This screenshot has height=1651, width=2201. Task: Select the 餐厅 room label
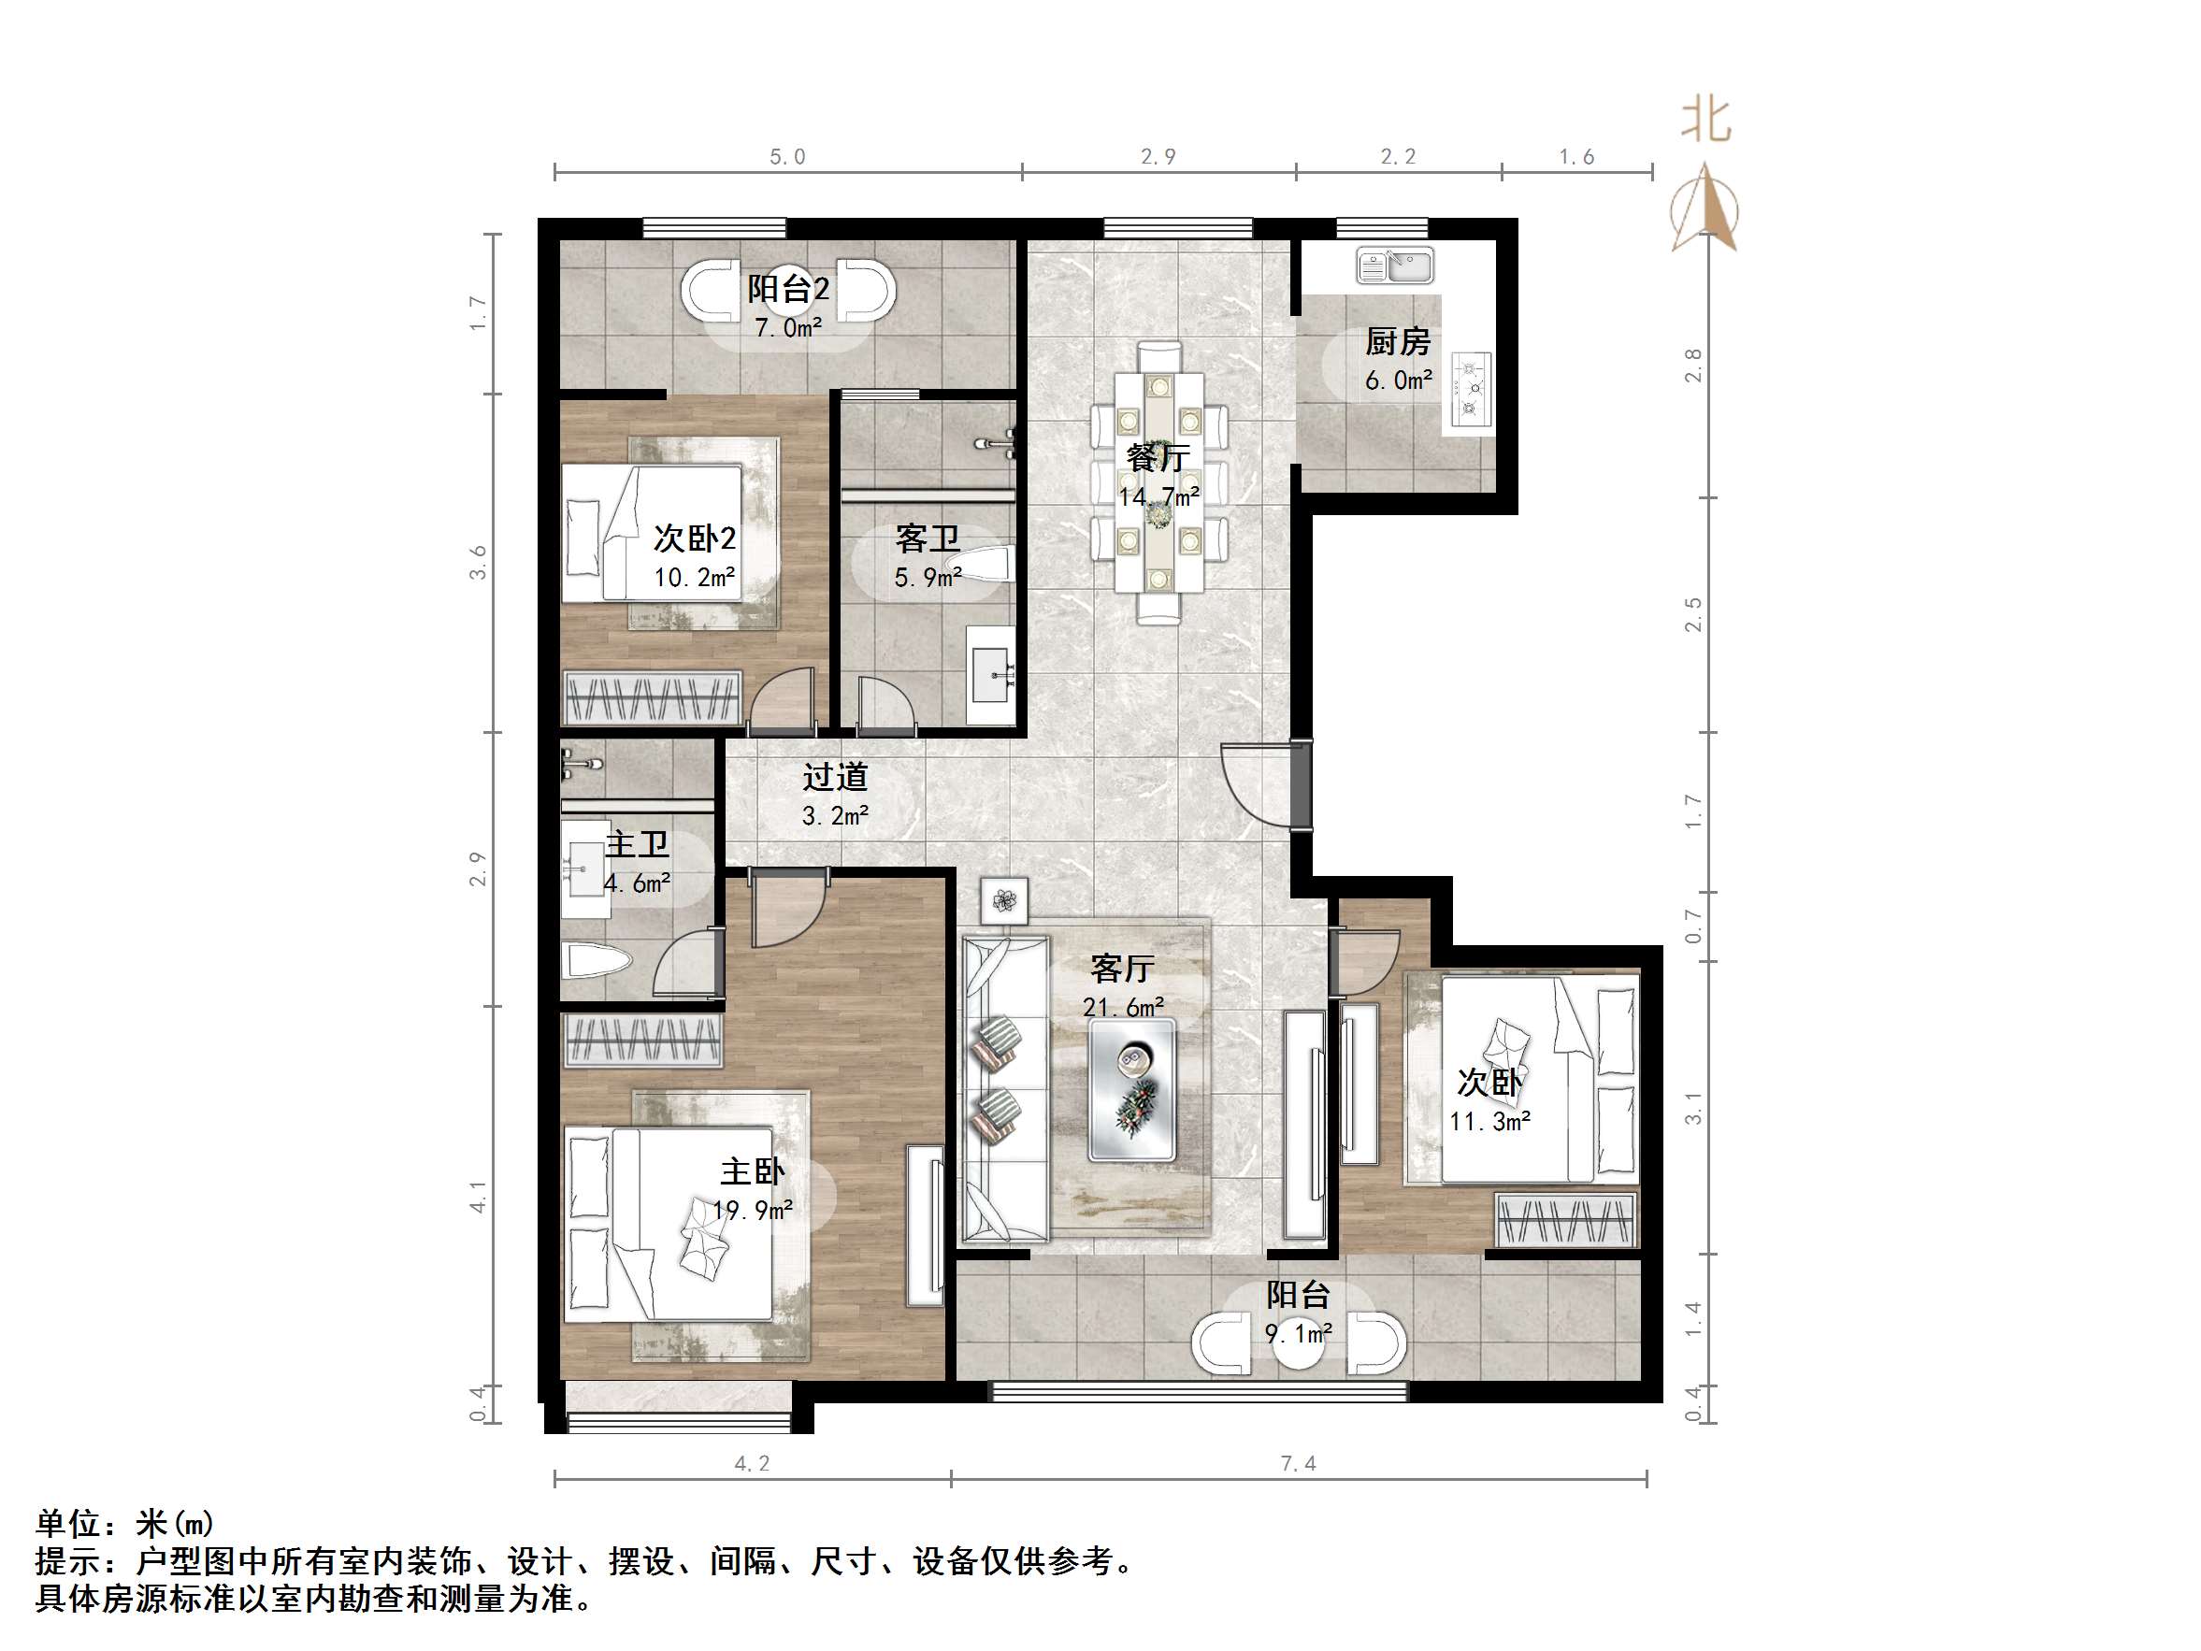(1158, 458)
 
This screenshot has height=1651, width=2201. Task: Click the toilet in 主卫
(597, 961)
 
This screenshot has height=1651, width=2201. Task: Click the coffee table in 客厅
(1131, 1089)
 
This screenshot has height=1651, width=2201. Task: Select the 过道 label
(835, 776)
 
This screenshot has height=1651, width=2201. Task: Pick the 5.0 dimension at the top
(787, 157)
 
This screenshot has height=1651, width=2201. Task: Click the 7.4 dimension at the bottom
(1298, 1463)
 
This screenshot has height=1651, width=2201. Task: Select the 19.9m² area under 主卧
(753, 1210)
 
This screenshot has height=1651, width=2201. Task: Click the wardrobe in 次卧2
(653, 697)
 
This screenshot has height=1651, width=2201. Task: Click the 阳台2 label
(788, 289)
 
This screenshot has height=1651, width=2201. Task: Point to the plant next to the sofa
(1004, 900)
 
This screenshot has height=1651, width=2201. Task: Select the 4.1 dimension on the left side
(479, 1197)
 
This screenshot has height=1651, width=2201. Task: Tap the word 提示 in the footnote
(67, 1560)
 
